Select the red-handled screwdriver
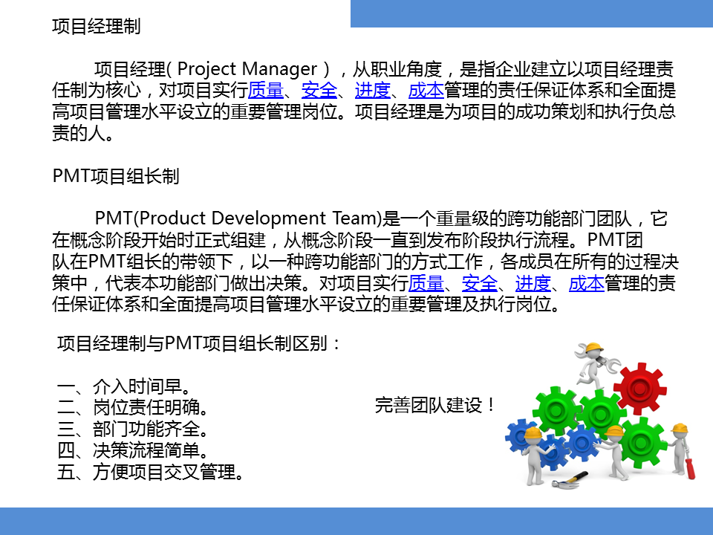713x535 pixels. point(688,466)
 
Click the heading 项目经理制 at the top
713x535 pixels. point(97,27)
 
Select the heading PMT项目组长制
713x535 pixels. point(116,177)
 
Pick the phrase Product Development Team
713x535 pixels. point(259,218)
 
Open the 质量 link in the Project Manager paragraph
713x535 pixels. point(266,91)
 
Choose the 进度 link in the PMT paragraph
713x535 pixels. point(533,283)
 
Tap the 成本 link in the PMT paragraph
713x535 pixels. point(586,283)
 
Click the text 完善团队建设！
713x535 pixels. point(435,406)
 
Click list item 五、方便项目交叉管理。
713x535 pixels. point(150,472)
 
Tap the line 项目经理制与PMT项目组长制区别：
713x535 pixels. point(200,344)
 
